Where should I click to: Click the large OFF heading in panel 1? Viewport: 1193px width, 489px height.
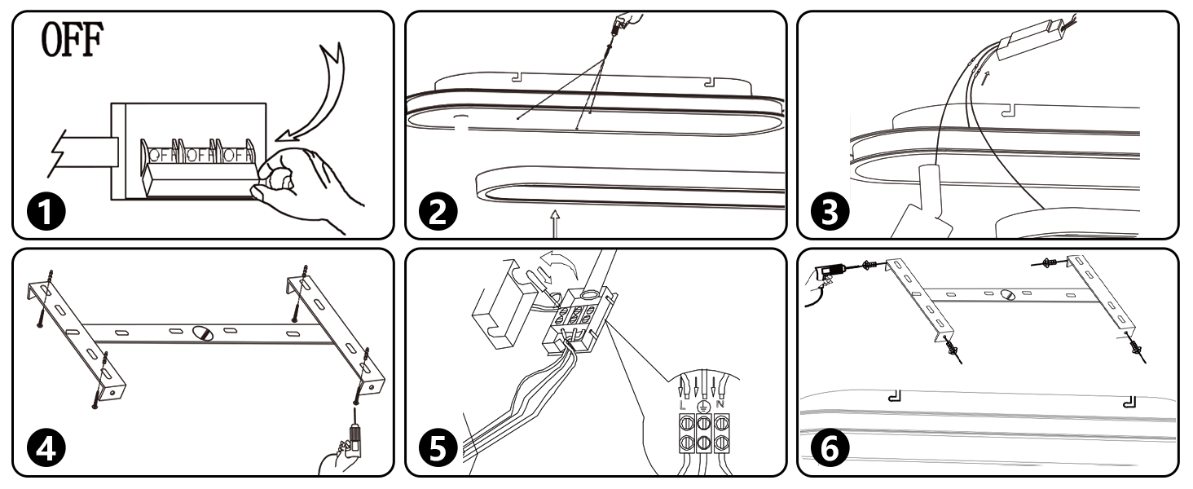pos(72,39)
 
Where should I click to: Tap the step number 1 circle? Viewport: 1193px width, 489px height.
pos(46,211)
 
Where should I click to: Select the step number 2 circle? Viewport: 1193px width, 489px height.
pos(438,211)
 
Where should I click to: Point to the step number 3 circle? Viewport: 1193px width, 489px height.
pos(830,211)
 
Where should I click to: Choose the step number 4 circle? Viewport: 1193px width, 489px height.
pos(46,448)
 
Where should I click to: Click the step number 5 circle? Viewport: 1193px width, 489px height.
pos(438,448)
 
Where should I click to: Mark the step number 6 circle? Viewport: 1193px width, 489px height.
pos(830,448)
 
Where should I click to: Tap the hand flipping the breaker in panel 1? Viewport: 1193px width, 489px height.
pos(304,187)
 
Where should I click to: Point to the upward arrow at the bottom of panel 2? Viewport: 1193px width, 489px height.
pos(555,222)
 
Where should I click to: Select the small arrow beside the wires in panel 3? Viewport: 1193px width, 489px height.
pos(985,78)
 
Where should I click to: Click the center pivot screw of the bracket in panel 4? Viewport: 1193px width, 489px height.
pos(203,333)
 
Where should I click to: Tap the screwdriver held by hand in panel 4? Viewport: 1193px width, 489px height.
pos(354,429)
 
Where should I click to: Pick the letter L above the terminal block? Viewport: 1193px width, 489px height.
pos(683,405)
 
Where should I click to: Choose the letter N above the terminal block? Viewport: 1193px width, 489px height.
pos(720,404)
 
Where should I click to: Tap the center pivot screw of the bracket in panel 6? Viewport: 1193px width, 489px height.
pos(1007,294)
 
